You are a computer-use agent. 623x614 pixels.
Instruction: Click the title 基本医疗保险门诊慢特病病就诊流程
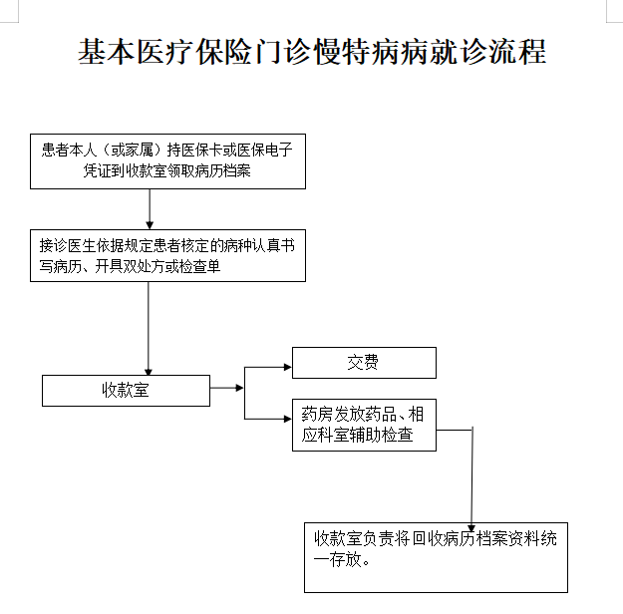click(x=312, y=52)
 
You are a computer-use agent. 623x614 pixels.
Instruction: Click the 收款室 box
click(x=126, y=390)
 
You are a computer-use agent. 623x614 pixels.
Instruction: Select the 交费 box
click(x=364, y=363)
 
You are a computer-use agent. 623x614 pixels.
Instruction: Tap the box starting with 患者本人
click(x=166, y=161)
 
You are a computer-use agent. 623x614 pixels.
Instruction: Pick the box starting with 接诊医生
click(x=166, y=255)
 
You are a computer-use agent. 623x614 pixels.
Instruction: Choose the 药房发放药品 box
click(x=364, y=426)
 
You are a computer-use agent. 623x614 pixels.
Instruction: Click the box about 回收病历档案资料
click(x=436, y=555)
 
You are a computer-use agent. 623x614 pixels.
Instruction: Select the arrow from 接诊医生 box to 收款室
click(x=150, y=329)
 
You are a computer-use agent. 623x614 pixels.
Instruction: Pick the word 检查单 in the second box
click(x=204, y=266)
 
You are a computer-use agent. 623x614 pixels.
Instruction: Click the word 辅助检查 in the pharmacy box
click(x=387, y=436)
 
